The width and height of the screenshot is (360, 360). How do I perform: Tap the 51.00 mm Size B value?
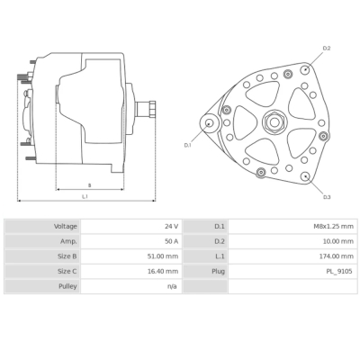pyautogui.click(x=164, y=256)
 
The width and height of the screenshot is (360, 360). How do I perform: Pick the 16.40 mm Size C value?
pyautogui.click(x=164, y=271)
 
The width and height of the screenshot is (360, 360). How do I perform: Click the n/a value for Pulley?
pyautogui.click(x=171, y=286)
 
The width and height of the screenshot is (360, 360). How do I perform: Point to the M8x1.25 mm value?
pyautogui.click(x=335, y=227)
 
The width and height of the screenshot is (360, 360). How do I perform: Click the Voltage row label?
pyautogui.click(x=65, y=227)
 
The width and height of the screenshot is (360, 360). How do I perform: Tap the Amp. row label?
pyautogui.click(x=68, y=241)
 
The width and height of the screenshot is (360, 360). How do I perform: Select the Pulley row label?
pyautogui.click(x=67, y=286)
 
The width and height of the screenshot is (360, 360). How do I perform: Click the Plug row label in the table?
pyautogui.click(x=218, y=271)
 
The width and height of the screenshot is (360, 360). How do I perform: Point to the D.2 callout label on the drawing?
pyautogui.click(x=326, y=48)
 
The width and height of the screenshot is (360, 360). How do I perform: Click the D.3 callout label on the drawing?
pyautogui.click(x=326, y=196)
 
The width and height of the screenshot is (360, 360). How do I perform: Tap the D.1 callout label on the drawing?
pyautogui.click(x=188, y=144)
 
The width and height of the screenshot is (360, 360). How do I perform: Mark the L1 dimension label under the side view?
pyautogui.click(x=85, y=195)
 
